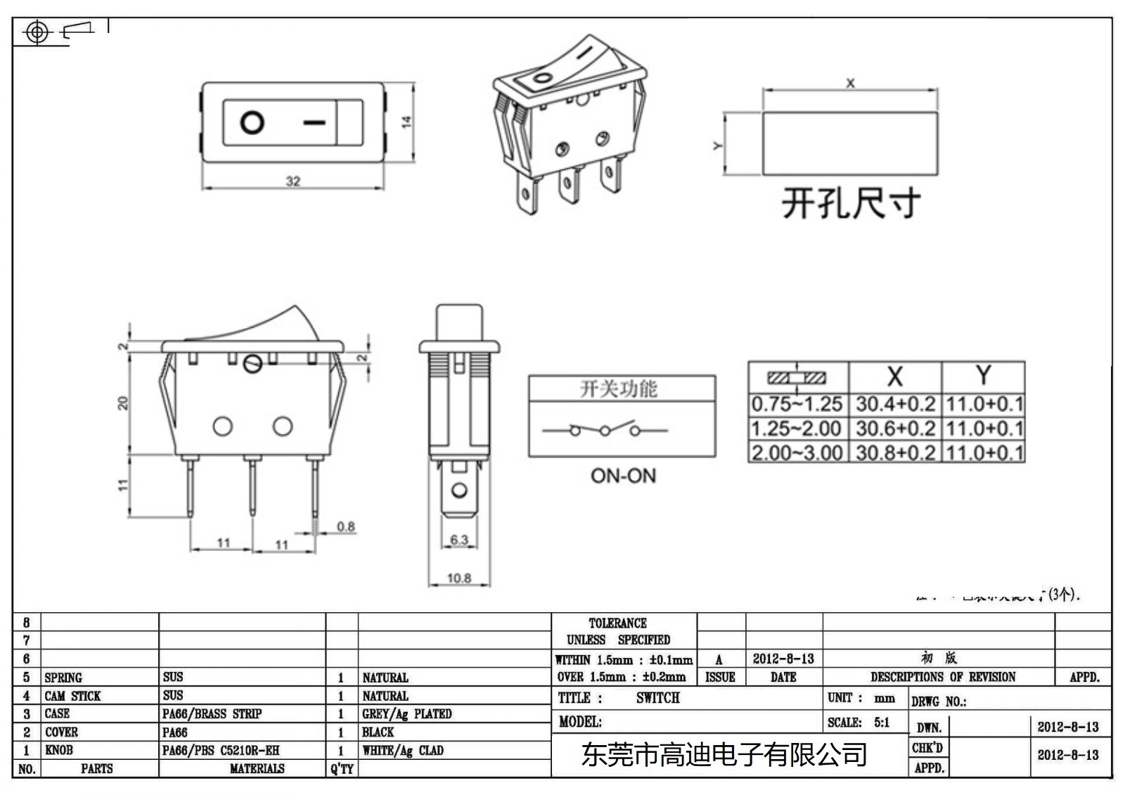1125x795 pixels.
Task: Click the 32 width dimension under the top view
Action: pos(293,181)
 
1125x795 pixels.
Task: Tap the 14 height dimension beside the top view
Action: pos(406,122)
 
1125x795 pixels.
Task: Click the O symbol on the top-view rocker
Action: pos(252,122)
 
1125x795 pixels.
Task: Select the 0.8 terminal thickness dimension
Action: pos(345,526)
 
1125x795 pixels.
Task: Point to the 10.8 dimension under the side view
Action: pos(458,578)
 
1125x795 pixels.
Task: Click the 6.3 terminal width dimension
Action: pos(458,540)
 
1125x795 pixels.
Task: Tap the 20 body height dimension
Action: pos(123,403)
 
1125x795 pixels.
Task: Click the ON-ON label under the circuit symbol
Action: pos(623,476)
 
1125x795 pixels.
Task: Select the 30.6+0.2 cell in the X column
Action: pos(895,428)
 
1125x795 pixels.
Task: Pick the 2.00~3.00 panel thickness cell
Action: pos(797,452)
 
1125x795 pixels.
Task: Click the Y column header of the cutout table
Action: pos(983,376)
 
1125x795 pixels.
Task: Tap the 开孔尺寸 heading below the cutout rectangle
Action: pos(851,203)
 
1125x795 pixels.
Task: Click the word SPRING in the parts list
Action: pos(63,678)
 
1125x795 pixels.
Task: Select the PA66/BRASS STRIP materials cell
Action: pos(212,714)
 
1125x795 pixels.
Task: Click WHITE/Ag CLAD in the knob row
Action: pos(403,751)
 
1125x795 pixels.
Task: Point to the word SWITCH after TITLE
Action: pos(657,698)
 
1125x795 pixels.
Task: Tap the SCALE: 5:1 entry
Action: pos(859,723)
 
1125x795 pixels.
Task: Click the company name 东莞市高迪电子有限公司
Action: pos(724,755)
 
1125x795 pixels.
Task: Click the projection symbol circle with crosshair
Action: pos(37,32)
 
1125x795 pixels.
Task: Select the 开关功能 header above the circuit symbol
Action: pos(618,389)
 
